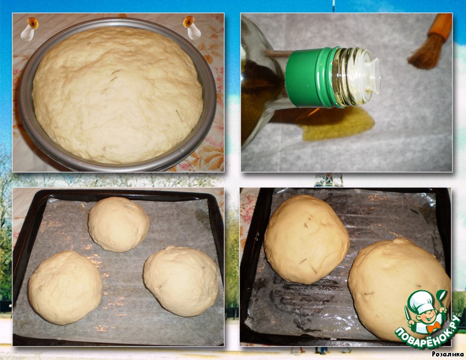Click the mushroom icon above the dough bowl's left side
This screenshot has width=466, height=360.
(x=29, y=28)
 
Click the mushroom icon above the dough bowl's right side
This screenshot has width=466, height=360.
(x=192, y=27)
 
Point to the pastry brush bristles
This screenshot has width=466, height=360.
(x=424, y=53)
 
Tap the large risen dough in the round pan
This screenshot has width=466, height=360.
(x=118, y=95)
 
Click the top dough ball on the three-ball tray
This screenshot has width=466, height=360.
(x=119, y=224)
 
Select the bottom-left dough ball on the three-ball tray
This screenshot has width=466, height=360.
(x=65, y=287)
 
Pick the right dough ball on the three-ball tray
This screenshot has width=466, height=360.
(x=181, y=280)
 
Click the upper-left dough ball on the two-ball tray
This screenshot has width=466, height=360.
(x=307, y=239)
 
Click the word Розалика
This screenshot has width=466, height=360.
(x=448, y=353)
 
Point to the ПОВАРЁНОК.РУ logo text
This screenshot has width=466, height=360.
(x=428, y=333)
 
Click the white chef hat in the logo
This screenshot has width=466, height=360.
(x=420, y=301)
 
